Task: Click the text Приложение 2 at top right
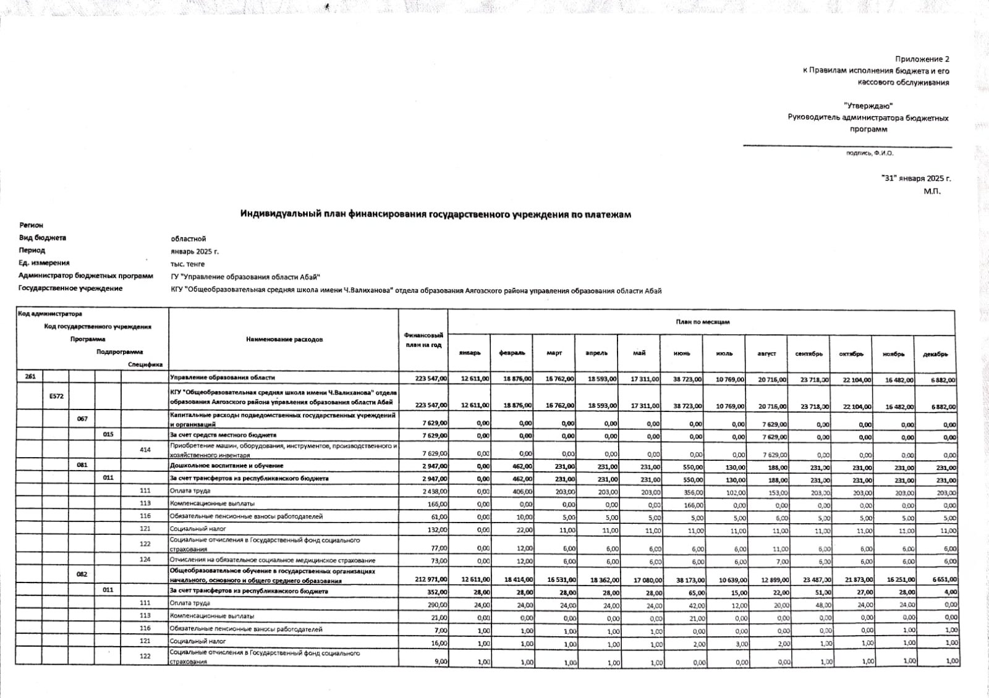point(922,59)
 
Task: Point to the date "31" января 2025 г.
point(915,179)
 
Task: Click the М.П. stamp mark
point(932,191)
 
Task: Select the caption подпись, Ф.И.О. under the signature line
point(870,153)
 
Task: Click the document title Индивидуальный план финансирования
point(435,214)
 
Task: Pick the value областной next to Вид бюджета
point(189,239)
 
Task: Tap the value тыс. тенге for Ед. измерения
point(187,264)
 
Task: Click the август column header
point(766,354)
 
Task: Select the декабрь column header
point(935,355)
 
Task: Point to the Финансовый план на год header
point(423,340)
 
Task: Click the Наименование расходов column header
point(284,340)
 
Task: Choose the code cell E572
point(56,396)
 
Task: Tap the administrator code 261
point(30,377)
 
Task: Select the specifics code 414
point(145,450)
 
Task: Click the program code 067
point(82,419)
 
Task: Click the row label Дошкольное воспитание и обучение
point(227,466)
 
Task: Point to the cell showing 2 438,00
point(435,492)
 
